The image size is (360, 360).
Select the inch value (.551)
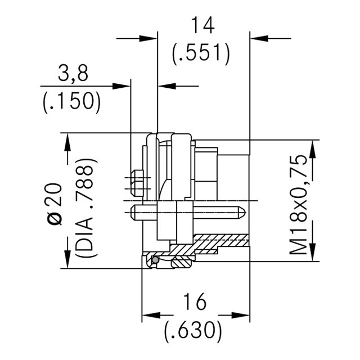201,54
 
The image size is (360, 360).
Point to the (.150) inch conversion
71,101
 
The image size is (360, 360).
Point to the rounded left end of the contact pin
133,213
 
